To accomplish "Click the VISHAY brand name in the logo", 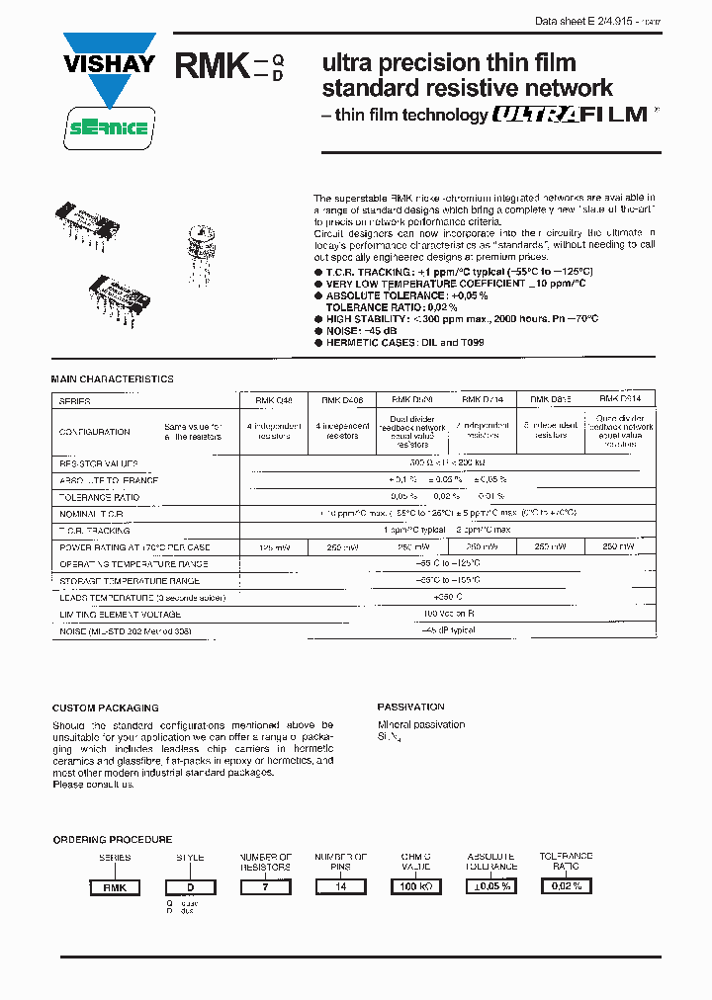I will pyautogui.click(x=110, y=65).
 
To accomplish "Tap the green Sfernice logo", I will pyautogui.click(x=110, y=127).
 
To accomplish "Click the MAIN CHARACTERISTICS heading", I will pyautogui.click(x=112, y=379).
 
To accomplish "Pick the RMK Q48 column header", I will pyautogui.click(x=274, y=400).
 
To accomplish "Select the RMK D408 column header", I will pyautogui.click(x=343, y=400).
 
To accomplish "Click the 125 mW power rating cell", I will pyautogui.click(x=274, y=546).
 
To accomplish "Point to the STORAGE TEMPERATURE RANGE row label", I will pyautogui.click(x=130, y=581).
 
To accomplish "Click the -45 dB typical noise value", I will pyautogui.click(x=448, y=630).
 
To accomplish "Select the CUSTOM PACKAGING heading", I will pyautogui.click(x=105, y=708).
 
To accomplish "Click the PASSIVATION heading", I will pyautogui.click(x=410, y=708).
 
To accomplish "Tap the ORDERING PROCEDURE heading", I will pyautogui.click(x=112, y=839).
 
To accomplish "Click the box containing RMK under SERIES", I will pyautogui.click(x=116, y=887).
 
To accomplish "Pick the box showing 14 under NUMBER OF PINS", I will pyautogui.click(x=342, y=887).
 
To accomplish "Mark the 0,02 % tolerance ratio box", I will pyautogui.click(x=567, y=886).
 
